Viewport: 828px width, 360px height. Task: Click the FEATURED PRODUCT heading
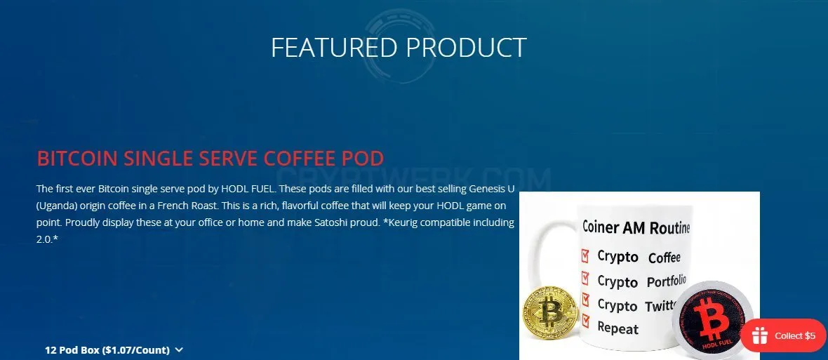click(399, 48)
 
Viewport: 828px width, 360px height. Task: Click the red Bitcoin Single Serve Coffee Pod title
click(211, 159)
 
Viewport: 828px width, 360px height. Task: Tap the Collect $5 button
click(784, 335)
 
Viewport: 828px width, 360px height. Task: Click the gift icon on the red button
click(760, 335)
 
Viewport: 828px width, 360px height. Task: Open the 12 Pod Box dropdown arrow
click(179, 349)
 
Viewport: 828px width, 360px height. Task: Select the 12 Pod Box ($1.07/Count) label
click(107, 350)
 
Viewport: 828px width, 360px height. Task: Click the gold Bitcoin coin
click(550, 312)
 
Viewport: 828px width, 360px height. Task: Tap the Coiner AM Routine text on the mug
click(636, 227)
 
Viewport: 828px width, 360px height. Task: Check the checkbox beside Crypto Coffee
click(585, 256)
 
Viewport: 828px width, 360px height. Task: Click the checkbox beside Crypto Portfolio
click(585, 278)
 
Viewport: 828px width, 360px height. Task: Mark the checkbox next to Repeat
click(585, 321)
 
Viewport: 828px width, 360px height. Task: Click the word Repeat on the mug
click(617, 328)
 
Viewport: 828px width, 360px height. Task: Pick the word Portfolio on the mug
click(667, 281)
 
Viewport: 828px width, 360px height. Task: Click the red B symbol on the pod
click(712, 319)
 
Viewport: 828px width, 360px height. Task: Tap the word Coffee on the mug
click(665, 258)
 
